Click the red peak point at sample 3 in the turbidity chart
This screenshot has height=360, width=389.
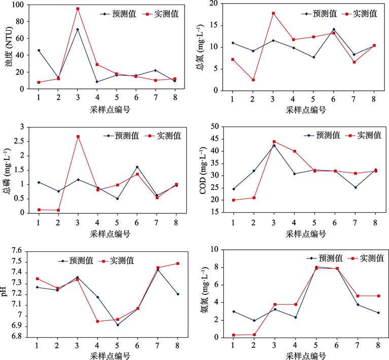click(78, 9)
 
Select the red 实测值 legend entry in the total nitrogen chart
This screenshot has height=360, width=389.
click(360, 14)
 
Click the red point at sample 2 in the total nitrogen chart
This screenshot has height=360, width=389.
click(253, 80)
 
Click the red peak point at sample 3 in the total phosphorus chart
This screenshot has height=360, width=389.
click(78, 137)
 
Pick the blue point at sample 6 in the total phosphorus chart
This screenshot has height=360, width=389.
click(137, 167)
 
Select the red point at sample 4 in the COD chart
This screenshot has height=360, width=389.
click(294, 151)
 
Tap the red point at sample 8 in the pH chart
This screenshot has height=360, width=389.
click(178, 264)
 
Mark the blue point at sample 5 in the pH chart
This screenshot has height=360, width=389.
click(117, 325)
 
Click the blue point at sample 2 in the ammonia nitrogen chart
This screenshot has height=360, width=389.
click(254, 320)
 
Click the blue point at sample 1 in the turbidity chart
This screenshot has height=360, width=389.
click(39, 50)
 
